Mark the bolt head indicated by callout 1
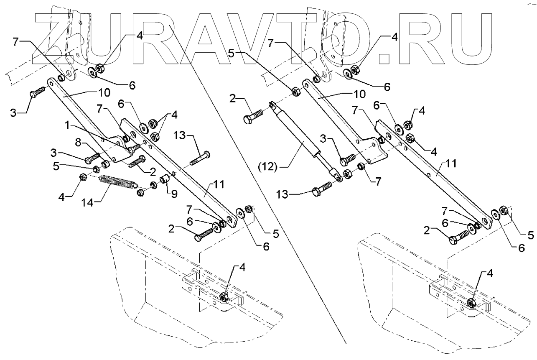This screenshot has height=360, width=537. (x=132, y=148)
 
